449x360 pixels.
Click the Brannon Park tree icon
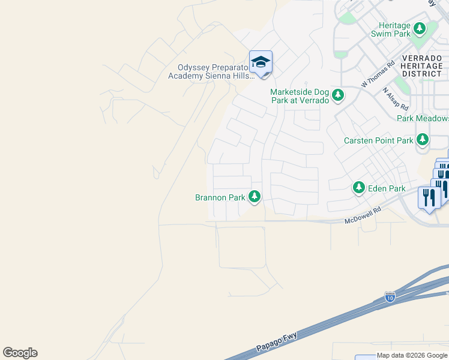(x=255, y=196)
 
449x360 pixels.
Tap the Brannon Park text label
(x=220, y=197)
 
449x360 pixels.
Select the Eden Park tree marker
(x=359, y=188)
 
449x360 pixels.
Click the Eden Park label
(x=389, y=188)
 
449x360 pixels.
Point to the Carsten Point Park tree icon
(x=423, y=140)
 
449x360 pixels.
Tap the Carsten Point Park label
(x=378, y=140)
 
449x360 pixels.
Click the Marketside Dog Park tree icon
(x=338, y=94)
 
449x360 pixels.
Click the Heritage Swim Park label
(x=395, y=29)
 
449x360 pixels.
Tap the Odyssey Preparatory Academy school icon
(x=261, y=62)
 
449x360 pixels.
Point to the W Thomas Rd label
(x=378, y=74)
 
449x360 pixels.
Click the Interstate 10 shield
(x=390, y=298)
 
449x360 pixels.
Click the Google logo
(x=20, y=353)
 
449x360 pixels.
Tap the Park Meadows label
(x=423, y=118)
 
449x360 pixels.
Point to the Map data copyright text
(x=412, y=355)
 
